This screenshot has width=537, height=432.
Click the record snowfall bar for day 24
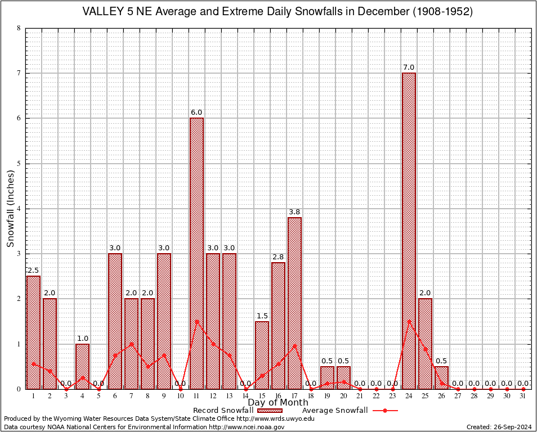[409, 231]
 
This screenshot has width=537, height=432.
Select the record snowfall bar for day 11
[196, 253]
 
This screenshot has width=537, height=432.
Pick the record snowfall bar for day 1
[33, 332]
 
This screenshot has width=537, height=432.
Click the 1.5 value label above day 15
[262, 315]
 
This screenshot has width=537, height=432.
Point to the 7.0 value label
[409, 67]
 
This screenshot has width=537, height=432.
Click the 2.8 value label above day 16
[278, 256]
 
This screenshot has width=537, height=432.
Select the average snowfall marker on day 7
[131, 344]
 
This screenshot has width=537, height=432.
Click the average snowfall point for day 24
[409, 321]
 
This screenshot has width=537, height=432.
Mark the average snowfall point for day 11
[196, 321]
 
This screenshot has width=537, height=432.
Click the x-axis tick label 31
[523, 396]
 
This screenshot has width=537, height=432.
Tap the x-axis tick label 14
[245, 396]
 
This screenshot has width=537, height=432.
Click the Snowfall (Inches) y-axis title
[11, 208]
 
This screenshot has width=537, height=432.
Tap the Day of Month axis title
[278, 403]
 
